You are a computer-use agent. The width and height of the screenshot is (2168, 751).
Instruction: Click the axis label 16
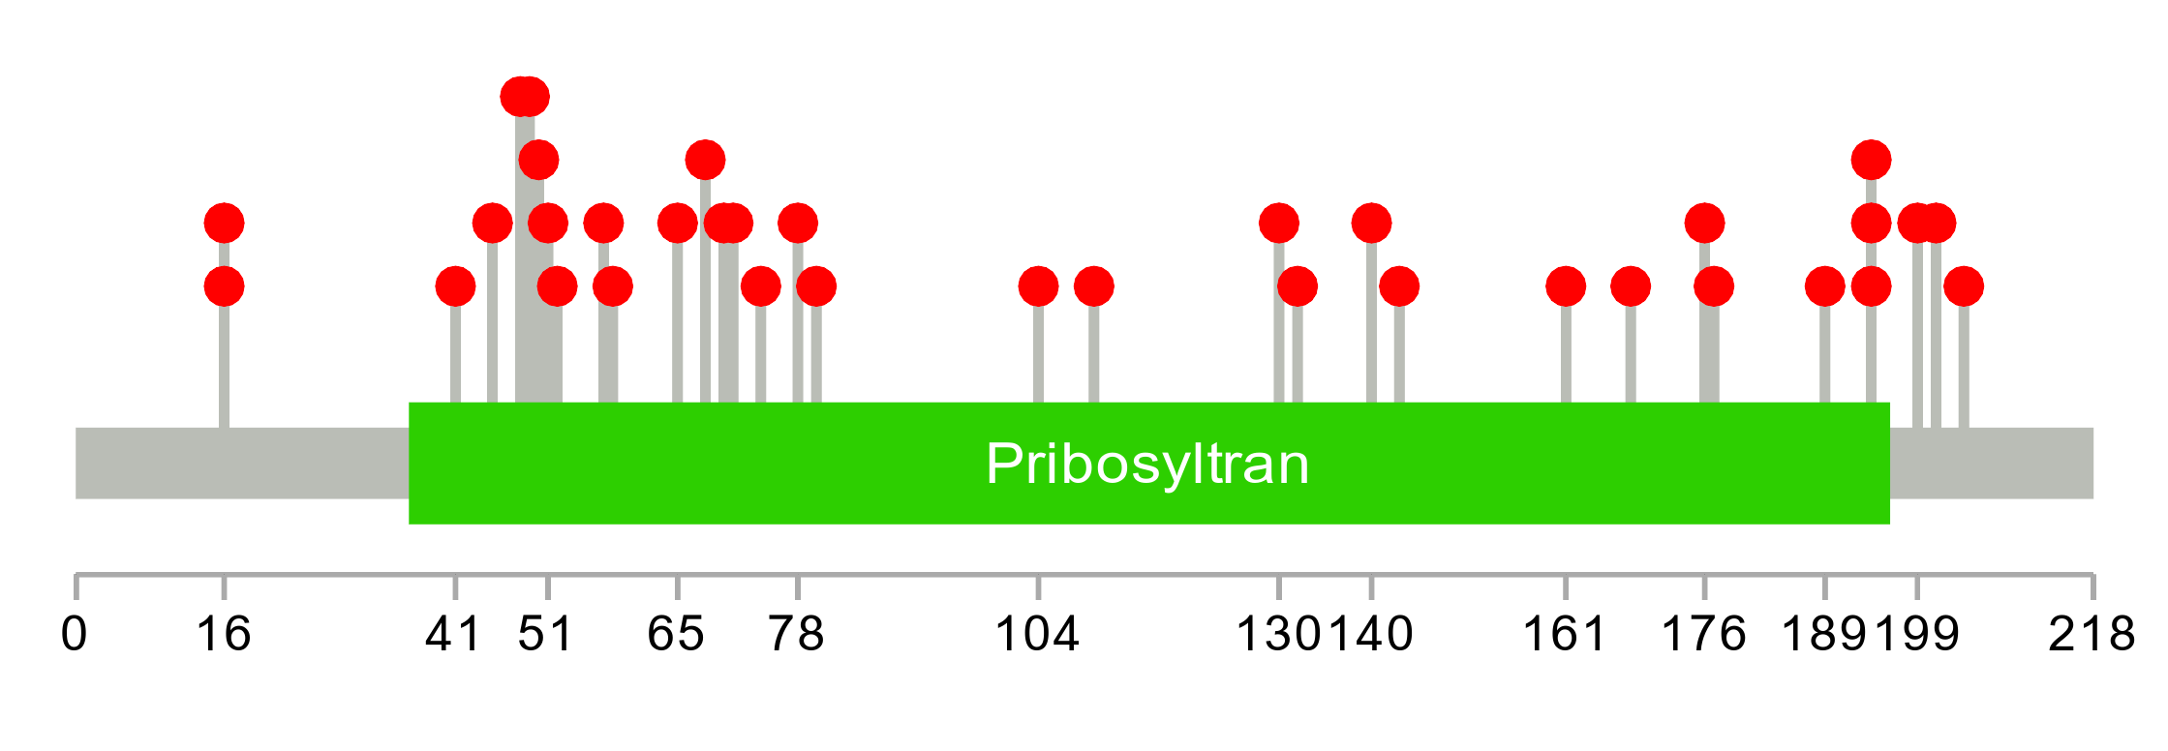click(224, 635)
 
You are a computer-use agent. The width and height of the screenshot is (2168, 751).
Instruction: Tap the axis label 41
click(454, 635)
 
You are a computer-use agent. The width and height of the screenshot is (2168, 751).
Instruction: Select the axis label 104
click(1037, 635)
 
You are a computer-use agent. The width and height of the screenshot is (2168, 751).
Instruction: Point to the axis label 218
click(2092, 635)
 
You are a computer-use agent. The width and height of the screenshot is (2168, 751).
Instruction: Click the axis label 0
click(75, 635)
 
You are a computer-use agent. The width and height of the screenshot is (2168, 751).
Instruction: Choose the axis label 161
click(1565, 635)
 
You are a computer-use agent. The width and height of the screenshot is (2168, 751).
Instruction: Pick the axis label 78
click(796, 635)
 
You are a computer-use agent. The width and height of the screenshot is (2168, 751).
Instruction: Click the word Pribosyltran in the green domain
click(1147, 464)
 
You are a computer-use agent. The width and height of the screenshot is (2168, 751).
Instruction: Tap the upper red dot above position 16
click(224, 224)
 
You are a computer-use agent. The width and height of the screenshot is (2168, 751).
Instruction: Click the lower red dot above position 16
click(224, 286)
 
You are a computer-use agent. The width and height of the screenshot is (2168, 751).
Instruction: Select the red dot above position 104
click(1038, 286)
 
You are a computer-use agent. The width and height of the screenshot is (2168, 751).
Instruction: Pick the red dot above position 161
click(1566, 286)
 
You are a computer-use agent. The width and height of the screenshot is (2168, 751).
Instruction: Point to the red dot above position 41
click(455, 286)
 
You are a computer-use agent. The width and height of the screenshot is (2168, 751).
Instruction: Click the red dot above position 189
click(1824, 286)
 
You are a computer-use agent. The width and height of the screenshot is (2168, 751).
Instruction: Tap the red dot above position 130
click(1279, 224)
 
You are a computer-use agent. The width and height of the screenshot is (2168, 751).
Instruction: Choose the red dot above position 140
click(1371, 224)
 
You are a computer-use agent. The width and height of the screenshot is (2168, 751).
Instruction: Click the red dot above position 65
click(677, 224)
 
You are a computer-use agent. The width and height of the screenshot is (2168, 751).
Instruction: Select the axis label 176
click(1703, 635)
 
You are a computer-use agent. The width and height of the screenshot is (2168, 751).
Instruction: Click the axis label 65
click(676, 635)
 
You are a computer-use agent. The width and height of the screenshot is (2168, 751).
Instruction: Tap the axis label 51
click(546, 635)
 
